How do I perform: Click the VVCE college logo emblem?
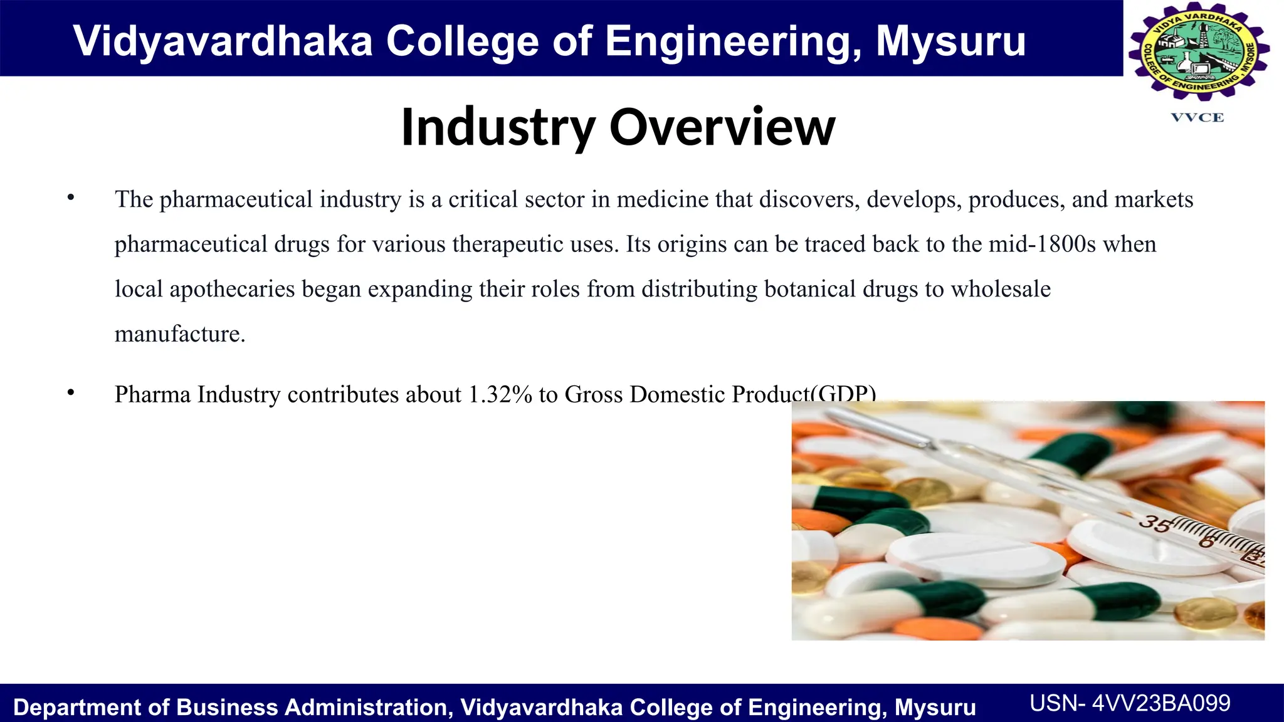click(x=1198, y=52)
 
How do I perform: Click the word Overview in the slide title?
click(x=722, y=127)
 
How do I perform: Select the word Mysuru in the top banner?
click(x=950, y=41)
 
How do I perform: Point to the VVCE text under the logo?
click(x=1197, y=118)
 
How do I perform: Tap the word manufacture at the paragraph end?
click(x=179, y=334)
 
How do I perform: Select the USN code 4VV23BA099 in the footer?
click(x=1161, y=703)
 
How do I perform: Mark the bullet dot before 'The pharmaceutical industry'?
click(x=71, y=198)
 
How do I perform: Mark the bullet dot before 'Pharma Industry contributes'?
click(x=71, y=393)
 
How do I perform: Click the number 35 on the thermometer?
click(x=1154, y=523)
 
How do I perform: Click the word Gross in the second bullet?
click(x=594, y=394)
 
